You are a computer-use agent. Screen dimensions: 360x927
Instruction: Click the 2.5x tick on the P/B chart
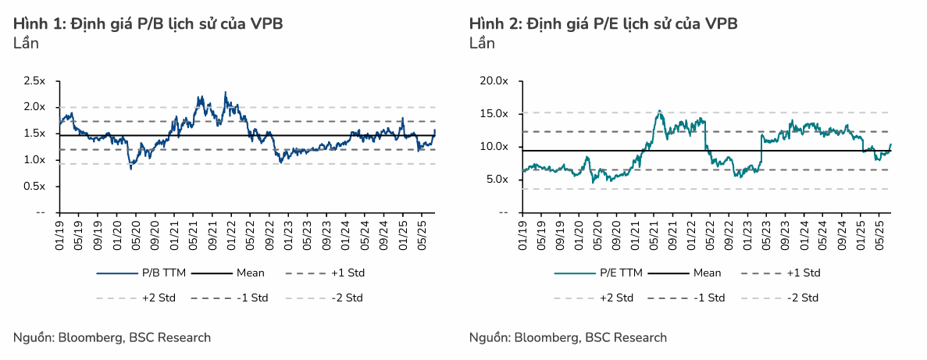click(x=35, y=80)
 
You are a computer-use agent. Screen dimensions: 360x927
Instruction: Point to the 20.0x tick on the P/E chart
click(x=494, y=80)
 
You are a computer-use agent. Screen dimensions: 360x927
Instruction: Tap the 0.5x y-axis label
click(x=35, y=186)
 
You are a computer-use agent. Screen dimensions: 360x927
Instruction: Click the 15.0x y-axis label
click(x=494, y=113)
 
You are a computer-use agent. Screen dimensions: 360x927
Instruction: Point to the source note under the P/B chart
click(x=112, y=337)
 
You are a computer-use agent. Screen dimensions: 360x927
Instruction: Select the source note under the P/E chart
click(x=568, y=337)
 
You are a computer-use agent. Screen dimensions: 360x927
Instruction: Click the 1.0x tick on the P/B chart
click(x=35, y=159)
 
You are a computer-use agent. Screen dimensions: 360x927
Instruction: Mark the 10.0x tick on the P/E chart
click(x=494, y=147)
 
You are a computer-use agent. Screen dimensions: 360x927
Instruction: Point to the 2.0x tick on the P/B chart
click(x=35, y=107)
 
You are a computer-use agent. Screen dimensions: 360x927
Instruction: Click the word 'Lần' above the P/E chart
click(x=482, y=43)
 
